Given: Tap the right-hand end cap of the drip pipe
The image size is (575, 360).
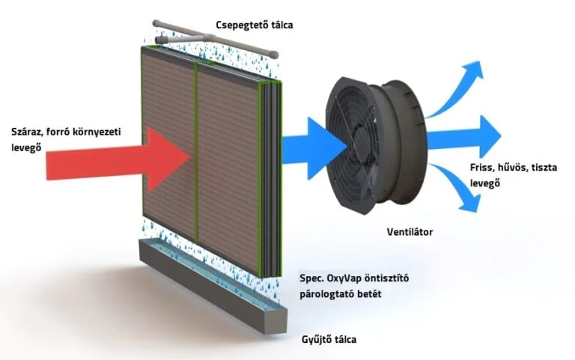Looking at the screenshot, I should (273, 55).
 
